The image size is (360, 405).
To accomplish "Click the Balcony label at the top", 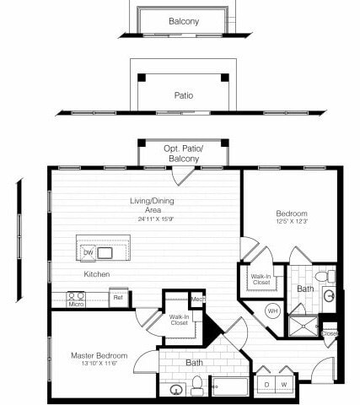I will point(183,21).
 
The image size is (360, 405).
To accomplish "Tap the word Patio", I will point(183,95).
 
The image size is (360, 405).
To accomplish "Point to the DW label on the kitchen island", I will point(88,252).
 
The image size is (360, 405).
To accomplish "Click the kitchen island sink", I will point(105,252).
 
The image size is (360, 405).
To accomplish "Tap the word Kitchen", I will point(95,274).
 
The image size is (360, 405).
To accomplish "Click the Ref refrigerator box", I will point(118,297).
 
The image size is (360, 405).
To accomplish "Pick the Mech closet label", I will point(197,299).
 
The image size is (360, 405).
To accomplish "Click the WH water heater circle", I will point(271,310).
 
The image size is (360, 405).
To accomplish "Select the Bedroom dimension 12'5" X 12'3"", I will point(292,223).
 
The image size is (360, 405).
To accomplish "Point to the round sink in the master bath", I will point(176,389).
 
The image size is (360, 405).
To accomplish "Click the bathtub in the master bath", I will point(230,387).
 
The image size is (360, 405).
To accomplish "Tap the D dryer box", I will point(268,385).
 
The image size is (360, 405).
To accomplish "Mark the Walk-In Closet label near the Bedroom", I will point(260,280).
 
